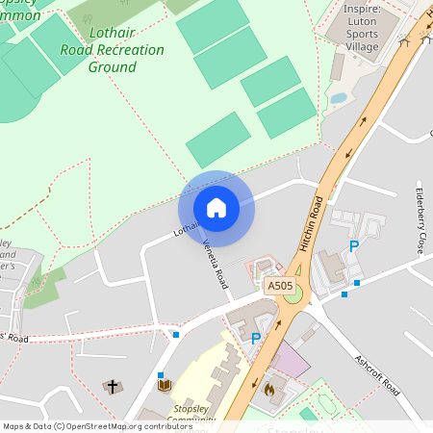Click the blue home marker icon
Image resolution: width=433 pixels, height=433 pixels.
click(216, 208)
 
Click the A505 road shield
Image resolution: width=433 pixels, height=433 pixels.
click(280, 286)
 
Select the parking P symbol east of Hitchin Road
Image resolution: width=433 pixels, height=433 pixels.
click(354, 246)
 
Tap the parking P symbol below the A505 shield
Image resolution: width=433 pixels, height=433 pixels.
click(256, 338)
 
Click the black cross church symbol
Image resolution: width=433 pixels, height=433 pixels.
click(113, 387)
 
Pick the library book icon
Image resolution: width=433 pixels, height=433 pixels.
click(164, 387)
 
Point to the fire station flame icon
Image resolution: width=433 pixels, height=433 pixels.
click(268, 391)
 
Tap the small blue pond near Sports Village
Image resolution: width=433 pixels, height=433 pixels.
click(338, 98)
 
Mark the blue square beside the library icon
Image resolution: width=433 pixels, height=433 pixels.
click(161, 374)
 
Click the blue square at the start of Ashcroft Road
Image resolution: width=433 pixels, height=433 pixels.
click(357, 282)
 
